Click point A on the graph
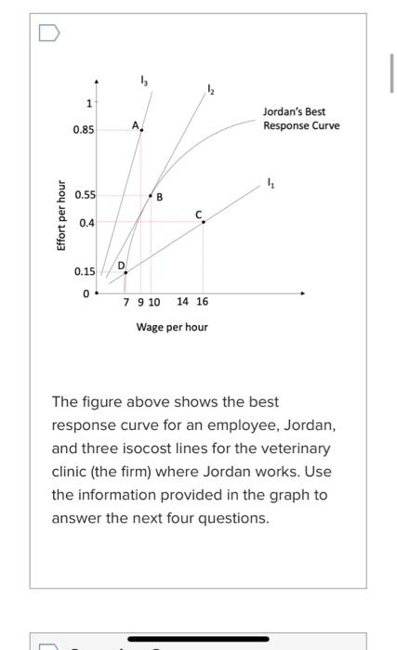pos(141,130)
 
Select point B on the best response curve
pos(152,196)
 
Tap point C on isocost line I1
pos(204,222)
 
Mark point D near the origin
pos(126,272)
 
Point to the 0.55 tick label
pos(84,196)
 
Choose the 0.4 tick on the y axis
pos(86,223)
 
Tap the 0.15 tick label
pos(84,272)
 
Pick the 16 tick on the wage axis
pos(203,303)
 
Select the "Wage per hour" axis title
pos(172,327)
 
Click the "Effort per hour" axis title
pos(61,214)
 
